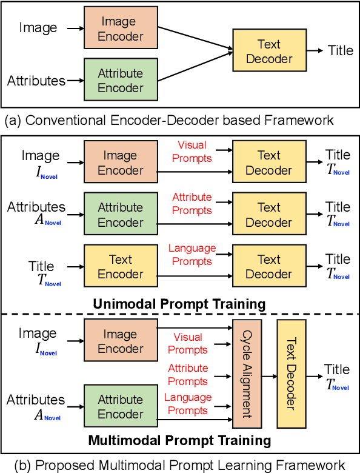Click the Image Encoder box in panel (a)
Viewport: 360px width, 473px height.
tap(121, 29)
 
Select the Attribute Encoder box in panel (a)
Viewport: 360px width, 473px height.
tap(121, 80)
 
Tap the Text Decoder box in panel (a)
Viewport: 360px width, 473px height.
tap(269, 52)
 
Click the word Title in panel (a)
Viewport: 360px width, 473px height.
tap(340, 50)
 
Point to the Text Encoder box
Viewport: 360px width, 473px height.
tap(121, 267)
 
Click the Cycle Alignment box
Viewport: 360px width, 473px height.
tap(246, 374)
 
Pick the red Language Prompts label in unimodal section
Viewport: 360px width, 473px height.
tap(192, 255)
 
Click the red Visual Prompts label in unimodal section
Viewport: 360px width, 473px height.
tap(192, 152)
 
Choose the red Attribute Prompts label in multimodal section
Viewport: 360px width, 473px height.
tap(188, 375)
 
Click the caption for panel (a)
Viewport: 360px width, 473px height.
tap(169, 120)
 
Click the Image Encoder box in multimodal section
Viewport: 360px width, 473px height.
tap(121, 341)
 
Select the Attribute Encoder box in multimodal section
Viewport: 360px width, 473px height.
tap(121, 406)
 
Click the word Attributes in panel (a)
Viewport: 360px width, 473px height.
tap(36, 80)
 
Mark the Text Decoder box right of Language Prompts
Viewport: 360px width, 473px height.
tap(269, 267)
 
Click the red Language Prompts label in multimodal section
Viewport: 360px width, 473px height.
tap(188, 404)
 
